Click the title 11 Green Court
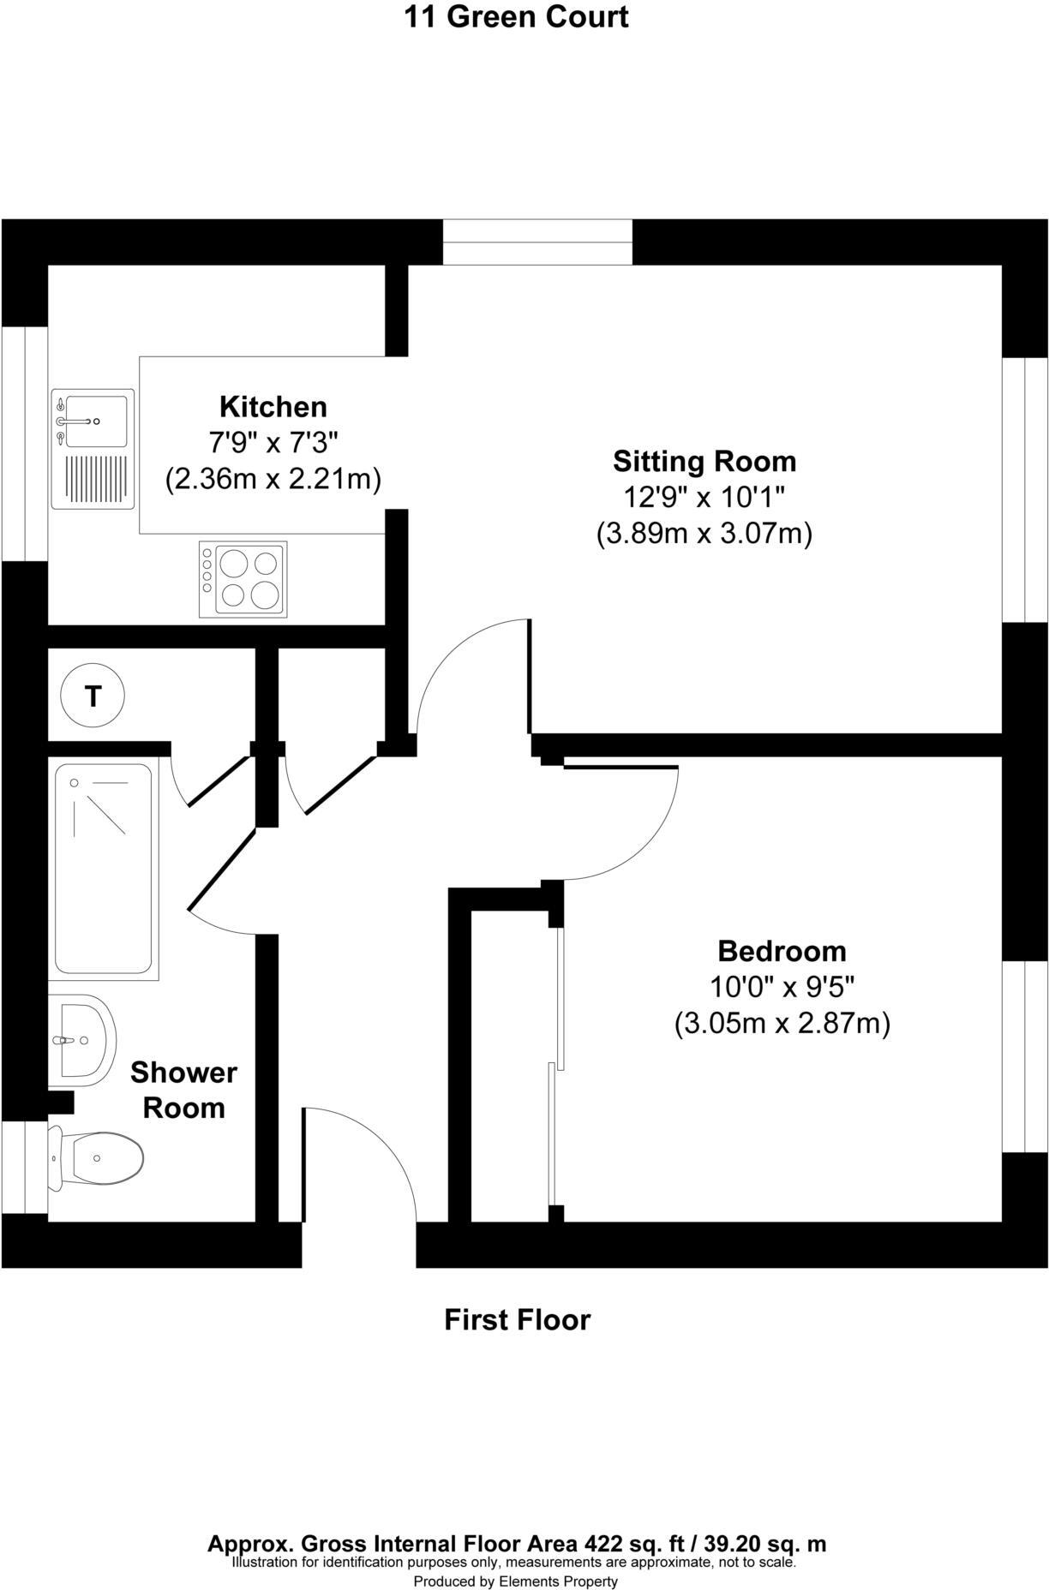[x=516, y=16]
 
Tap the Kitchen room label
[x=273, y=406]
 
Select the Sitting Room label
[x=704, y=461]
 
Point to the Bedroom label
[x=781, y=951]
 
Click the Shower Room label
[x=183, y=1090]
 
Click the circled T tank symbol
[x=93, y=696]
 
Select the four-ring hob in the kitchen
[x=243, y=579]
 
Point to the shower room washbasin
[x=83, y=1040]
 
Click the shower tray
[x=104, y=869]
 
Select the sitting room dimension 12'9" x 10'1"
[x=704, y=497]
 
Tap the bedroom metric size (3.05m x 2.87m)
[x=782, y=1023]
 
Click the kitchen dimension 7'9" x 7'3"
[x=273, y=443]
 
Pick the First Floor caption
[x=517, y=1319]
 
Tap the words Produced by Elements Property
[x=515, y=1581]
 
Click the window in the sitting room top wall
[x=537, y=242]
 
